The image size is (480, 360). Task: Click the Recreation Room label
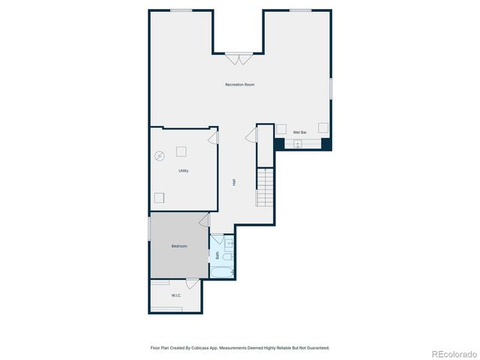(x=240, y=85)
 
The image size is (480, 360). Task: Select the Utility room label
(x=183, y=171)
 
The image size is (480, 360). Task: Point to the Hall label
(x=235, y=182)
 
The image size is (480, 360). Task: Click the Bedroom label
(x=178, y=246)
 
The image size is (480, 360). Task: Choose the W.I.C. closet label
(x=175, y=295)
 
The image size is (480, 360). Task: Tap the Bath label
(x=217, y=255)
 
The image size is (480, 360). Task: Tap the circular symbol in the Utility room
(x=160, y=156)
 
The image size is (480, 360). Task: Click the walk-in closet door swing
(x=192, y=283)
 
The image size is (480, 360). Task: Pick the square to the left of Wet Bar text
(x=281, y=128)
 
